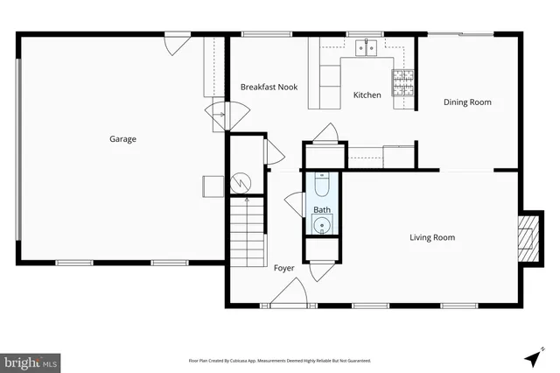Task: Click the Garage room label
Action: (122, 138)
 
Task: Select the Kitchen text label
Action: (367, 95)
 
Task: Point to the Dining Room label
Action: (467, 102)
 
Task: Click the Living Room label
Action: (432, 237)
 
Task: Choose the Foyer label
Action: (283, 268)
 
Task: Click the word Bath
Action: (322, 210)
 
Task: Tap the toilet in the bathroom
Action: (322, 186)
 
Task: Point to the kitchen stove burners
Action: (403, 81)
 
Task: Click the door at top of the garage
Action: (178, 41)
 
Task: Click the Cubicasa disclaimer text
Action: (280, 360)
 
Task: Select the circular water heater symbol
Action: (241, 183)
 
